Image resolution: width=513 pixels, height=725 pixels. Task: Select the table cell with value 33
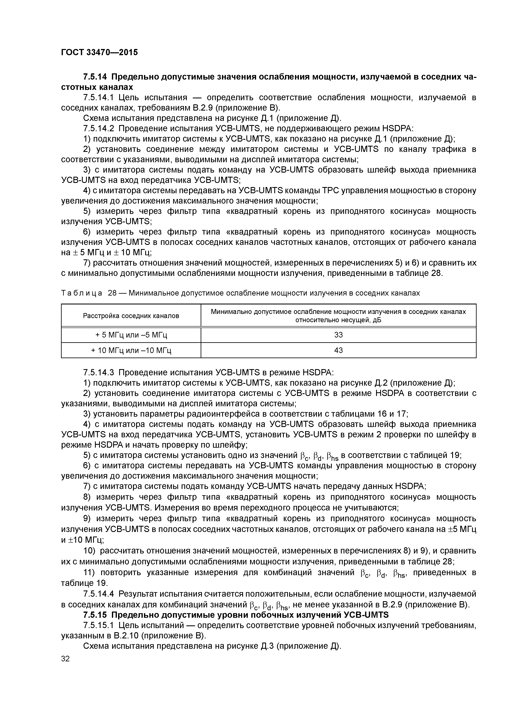pos(338,335)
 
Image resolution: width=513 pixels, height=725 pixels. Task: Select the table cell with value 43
pos(338,350)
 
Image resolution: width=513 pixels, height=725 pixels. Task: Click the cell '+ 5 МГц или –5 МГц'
pos(131,335)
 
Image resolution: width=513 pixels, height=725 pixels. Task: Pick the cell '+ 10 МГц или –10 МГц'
pos(131,350)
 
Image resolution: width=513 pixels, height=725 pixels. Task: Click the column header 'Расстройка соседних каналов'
pos(131,315)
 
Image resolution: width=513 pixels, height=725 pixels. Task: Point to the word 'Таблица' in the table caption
pos(82,293)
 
